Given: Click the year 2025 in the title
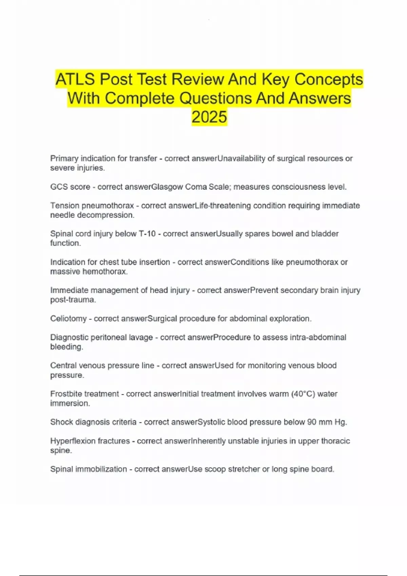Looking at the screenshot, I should (x=209, y=117).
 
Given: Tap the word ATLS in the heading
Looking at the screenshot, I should (x=75, y=80).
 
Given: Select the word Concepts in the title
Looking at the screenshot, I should (x=328, y=80).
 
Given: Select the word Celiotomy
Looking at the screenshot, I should (x=68, y=319).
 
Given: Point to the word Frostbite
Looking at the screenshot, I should (x=67, y=394).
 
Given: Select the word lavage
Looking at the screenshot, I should (x=141, y=337).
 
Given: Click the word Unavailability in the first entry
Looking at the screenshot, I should (x=241, y=159).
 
